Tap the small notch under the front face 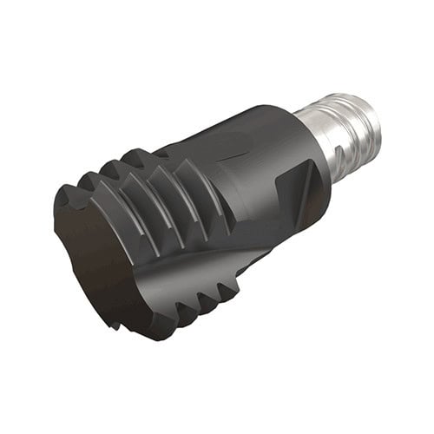pos(115,325)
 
